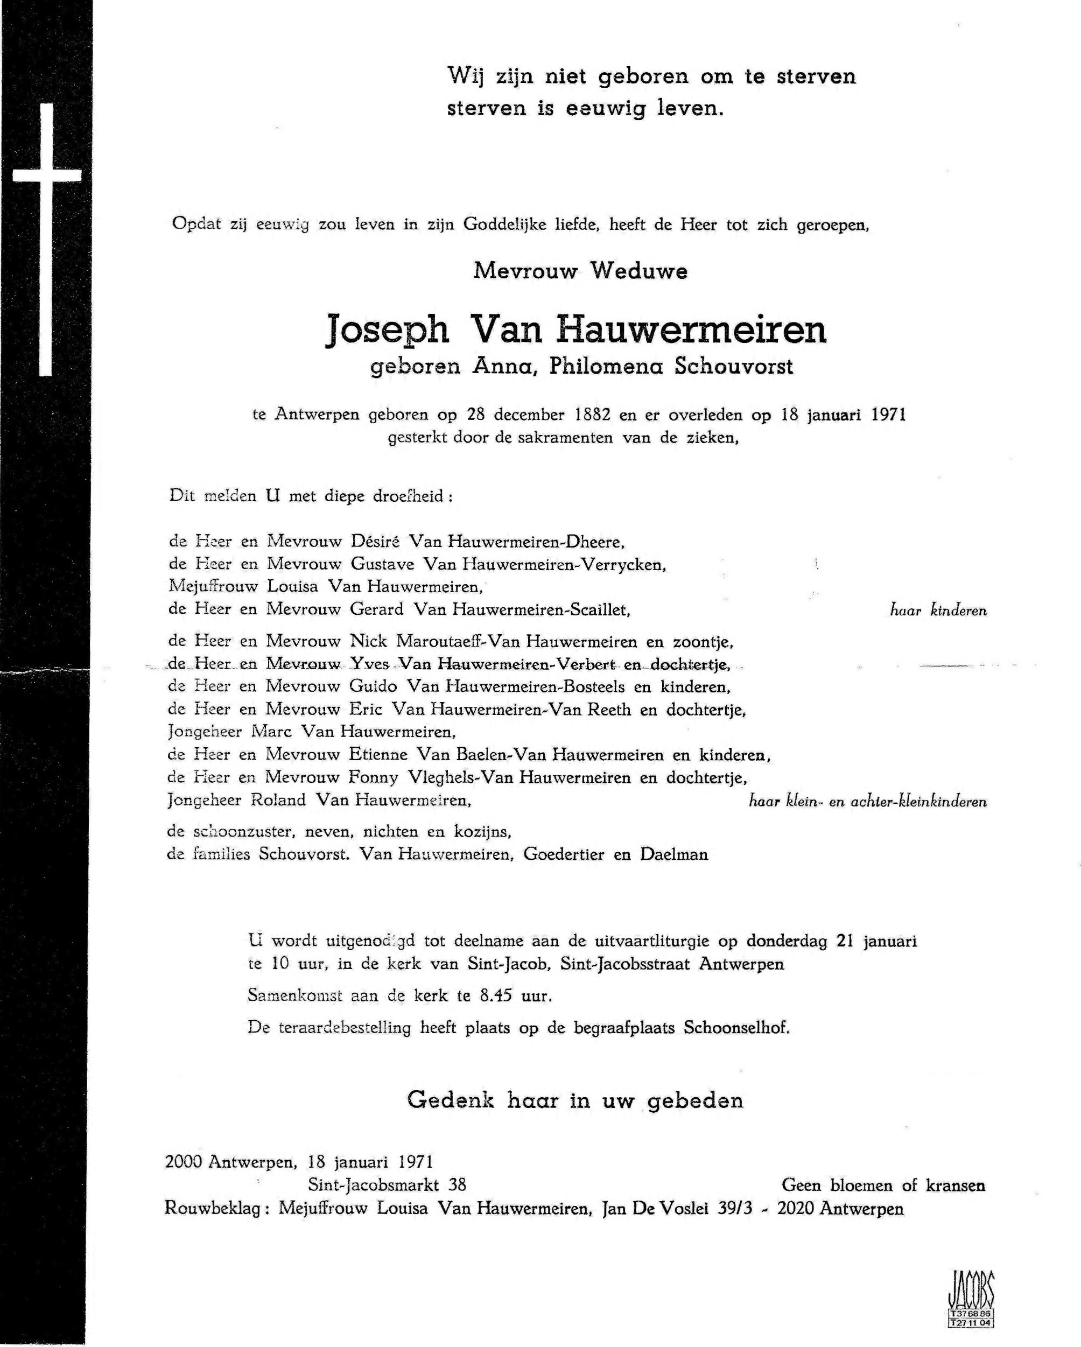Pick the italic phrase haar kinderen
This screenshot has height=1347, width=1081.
(x=938, y=611)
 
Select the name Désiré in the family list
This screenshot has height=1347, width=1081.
(x=374, y=541)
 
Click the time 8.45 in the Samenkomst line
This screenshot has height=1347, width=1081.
(x=495, y=995)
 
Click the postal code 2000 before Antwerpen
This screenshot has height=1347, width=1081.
(x=183, y=1162)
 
